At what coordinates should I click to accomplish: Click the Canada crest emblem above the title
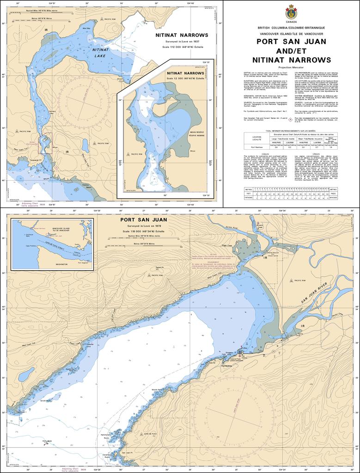291,11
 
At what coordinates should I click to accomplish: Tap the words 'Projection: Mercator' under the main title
291,67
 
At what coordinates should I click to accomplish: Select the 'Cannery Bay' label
52,112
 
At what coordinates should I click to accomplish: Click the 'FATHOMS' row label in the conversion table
249,197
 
